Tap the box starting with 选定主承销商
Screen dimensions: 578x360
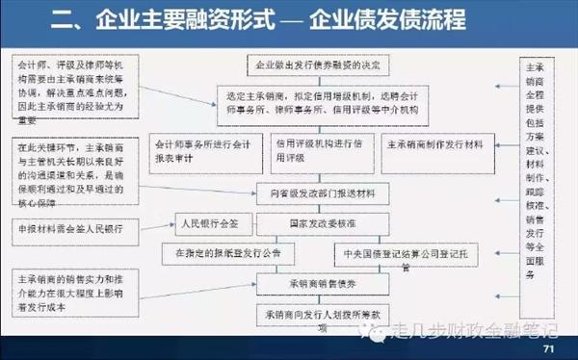(x=317, y=102)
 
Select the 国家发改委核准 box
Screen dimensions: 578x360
(x=317, y=227)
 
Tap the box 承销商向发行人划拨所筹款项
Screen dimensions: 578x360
(x=317, y=318)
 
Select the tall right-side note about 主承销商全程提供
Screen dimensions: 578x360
(x=539, y=171)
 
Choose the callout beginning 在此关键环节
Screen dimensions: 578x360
(x=73, y=176)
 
